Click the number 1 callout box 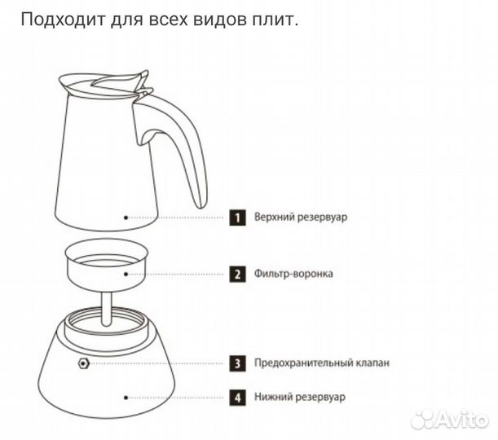click(237, 218)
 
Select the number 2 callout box click(237, 275)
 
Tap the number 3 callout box click(237, 363)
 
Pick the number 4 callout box click(237, 398)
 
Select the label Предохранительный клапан click(321, 363)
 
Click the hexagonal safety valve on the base click(82, 363)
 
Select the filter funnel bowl click(104, 269)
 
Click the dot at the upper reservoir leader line click(125, 218)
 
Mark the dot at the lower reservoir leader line click(125, 398)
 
